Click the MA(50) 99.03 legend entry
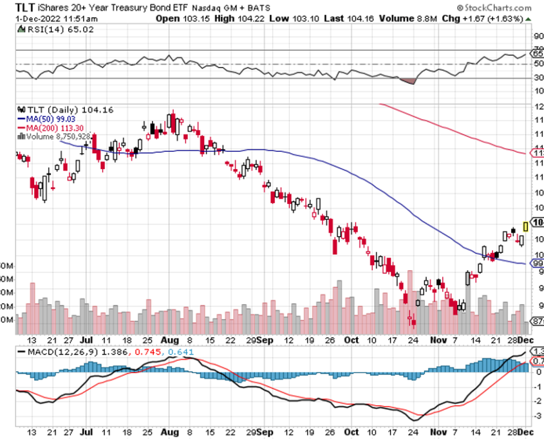click(44, 119)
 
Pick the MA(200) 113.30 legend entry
click(47, 127)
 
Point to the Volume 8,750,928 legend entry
click(57, 136)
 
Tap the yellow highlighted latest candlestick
click(526, 226)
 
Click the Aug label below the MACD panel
click(170, 432)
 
